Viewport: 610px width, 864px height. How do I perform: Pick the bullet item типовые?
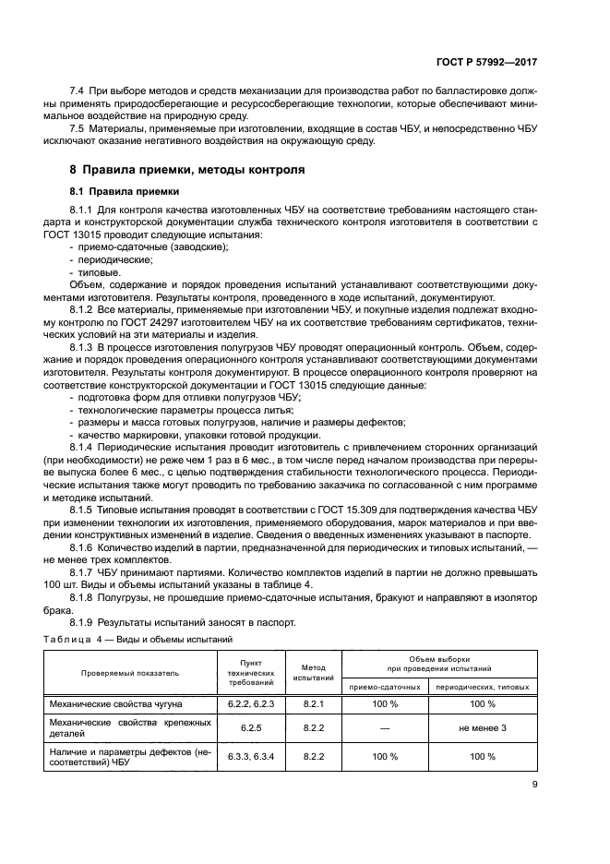[99, 273]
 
